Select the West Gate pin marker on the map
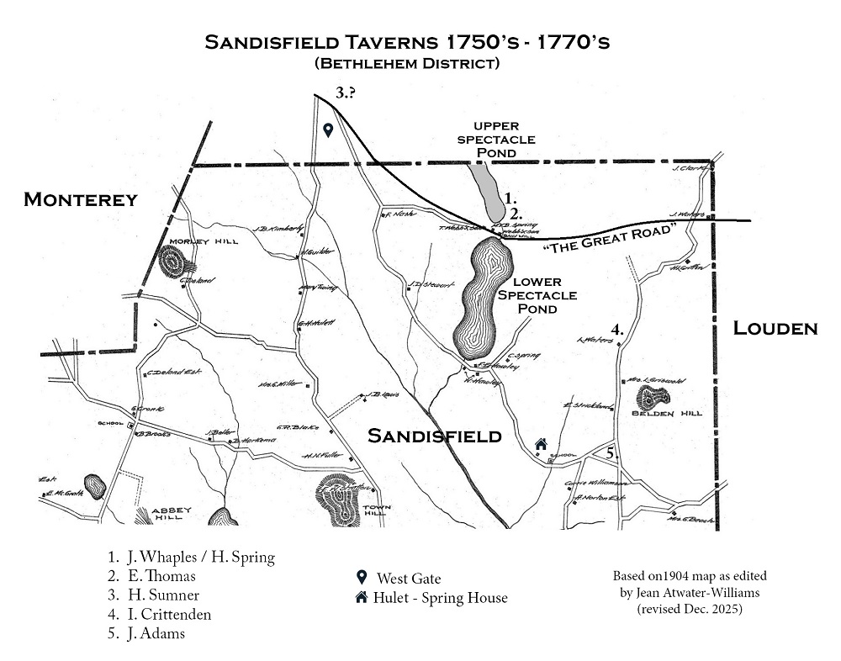(329, 130)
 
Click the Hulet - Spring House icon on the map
(542, 444)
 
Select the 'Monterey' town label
(80, 199)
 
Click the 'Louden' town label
(775, 328)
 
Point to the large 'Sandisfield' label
(434, 436)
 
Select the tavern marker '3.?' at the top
(345, 93)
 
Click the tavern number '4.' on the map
(617, 329)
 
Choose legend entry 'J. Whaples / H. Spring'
(198, 557)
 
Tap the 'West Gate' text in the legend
(408, 579)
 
